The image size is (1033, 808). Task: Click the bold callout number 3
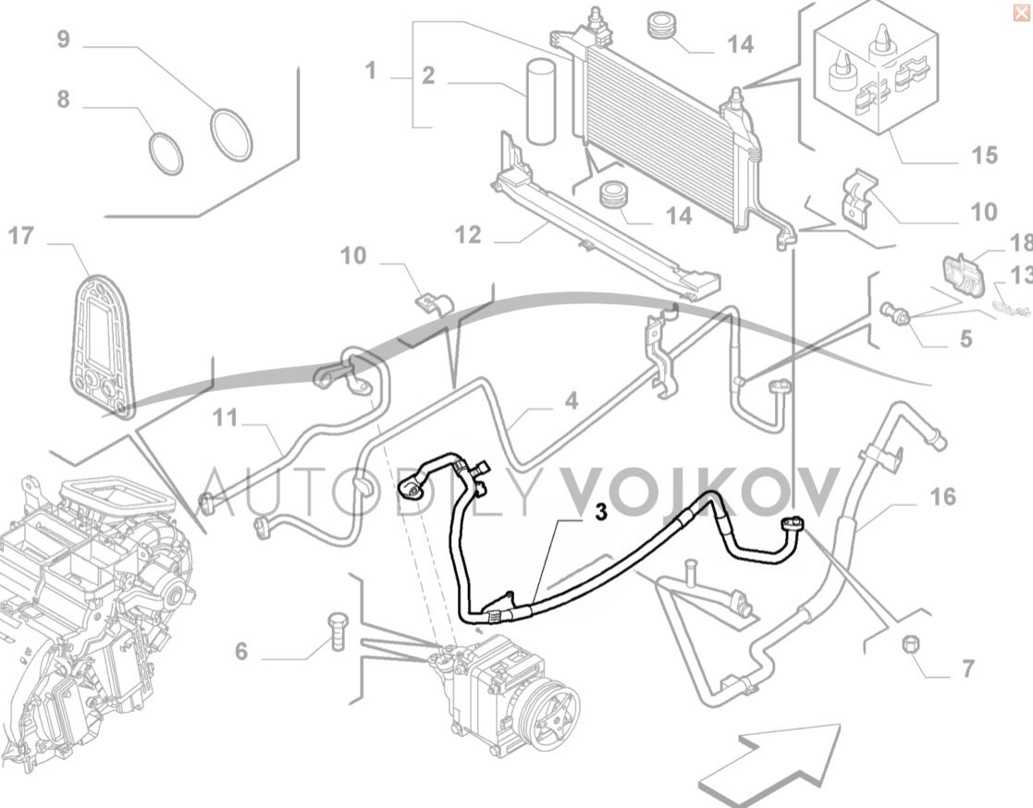[600, 512]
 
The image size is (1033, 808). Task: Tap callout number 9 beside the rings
[63, 40]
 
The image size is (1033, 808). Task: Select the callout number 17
[20, 237]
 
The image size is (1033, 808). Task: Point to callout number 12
[468, 236]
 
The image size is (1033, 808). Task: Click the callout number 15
[984, 154]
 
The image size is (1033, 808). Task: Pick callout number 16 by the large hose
[941, 497]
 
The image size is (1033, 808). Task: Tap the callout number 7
[967, 668]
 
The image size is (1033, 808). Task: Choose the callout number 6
[240, 652]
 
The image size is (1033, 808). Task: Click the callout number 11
[225, 419]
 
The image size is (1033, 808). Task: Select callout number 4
[572, 400]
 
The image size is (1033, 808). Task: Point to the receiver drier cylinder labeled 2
[541, 102]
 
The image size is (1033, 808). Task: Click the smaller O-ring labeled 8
[166, 153]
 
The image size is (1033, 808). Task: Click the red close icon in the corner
[1021, 11]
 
